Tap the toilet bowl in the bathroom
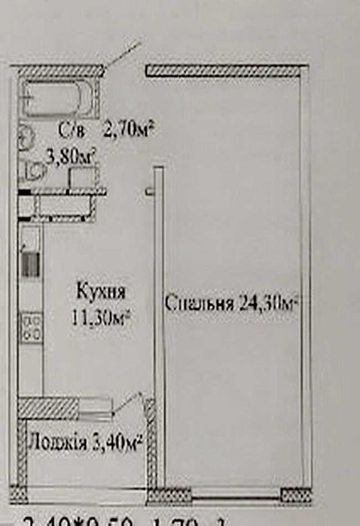pos(32,172)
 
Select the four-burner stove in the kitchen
pos(32,325)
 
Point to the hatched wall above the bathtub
pos(60,71)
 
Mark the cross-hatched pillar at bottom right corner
pos(294,494)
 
